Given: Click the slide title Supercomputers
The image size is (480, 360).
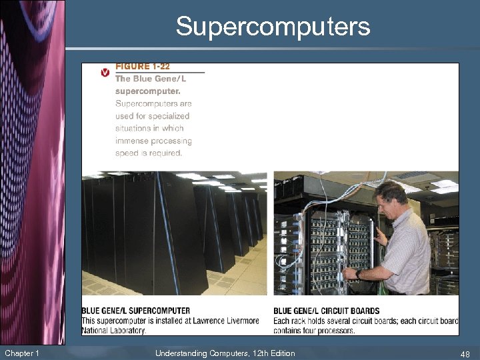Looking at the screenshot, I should pyautogui.click(x=273, y=27).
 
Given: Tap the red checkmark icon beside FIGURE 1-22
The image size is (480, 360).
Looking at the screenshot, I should pyautogui.click(x=105, y=72).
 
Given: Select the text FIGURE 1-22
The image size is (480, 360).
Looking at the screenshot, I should pyautogui.click(x=142, y=67).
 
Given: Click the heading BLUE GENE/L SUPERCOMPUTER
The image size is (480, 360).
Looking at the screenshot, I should pyautogui.click(x=135, y=311).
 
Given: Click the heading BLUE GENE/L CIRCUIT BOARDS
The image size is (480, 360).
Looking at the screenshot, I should pyautogui.click(x=327, y=311).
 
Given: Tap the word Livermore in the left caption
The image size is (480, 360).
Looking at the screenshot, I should pyautogui.click(x=239, y=321).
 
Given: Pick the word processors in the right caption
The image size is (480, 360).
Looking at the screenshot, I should pyautogui.click(x=337, y=331).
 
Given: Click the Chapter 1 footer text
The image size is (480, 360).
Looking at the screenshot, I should pyautogui.click(x=21, y=353).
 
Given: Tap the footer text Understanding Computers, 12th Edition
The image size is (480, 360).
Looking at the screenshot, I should pyautogui.click(x=225, y=353).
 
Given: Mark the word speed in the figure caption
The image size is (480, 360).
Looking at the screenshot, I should pyautogui.click(x=127, y=153).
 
